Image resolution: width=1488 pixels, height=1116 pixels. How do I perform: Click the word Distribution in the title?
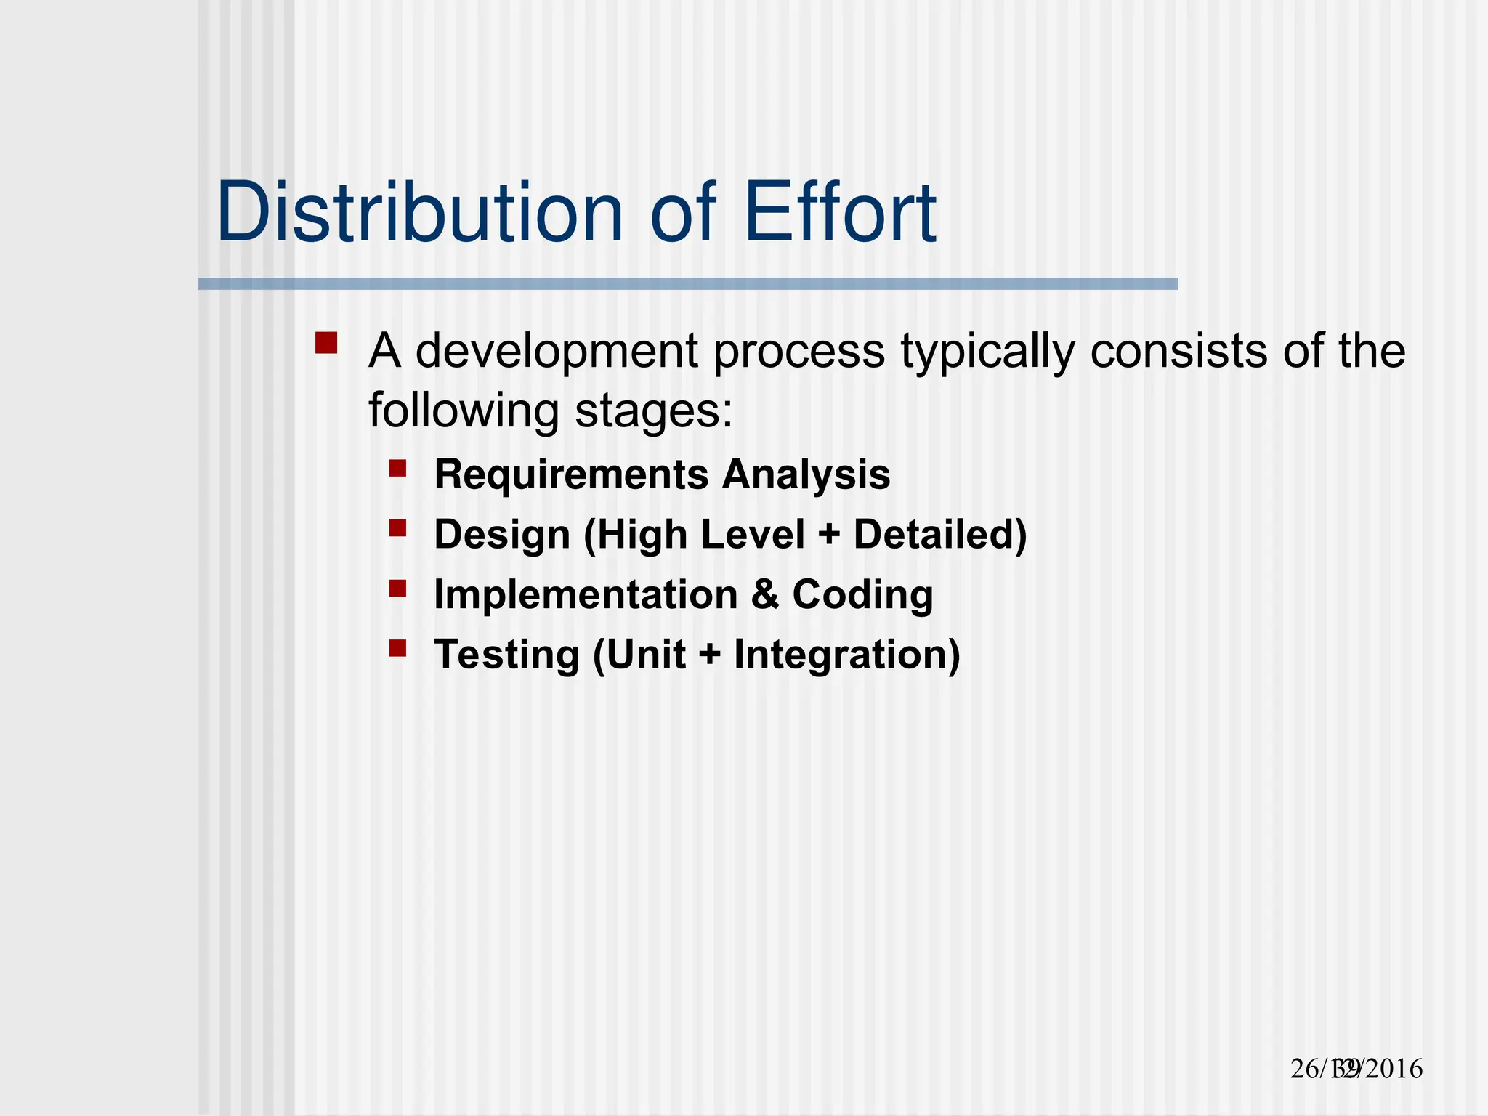[420, 212]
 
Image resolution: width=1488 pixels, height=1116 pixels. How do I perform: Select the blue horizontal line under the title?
[687, 284]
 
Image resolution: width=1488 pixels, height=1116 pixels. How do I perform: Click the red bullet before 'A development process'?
[326, 343]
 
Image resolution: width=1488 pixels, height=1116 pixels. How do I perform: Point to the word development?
[557, 352]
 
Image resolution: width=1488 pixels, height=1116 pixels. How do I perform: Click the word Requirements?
[571, 474]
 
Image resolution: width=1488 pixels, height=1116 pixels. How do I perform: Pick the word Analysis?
[806, 474]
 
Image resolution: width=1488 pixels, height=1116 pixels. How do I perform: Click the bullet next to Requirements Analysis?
[397, 468]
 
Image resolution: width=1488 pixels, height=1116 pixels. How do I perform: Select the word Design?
[502, 535]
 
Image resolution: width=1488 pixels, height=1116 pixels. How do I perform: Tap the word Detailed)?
[940, 535]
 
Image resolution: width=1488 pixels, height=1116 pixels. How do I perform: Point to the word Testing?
[506, 655]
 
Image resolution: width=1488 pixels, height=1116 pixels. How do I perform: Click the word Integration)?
[847, 655]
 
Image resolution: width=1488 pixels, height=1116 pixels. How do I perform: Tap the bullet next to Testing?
[397, 647]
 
